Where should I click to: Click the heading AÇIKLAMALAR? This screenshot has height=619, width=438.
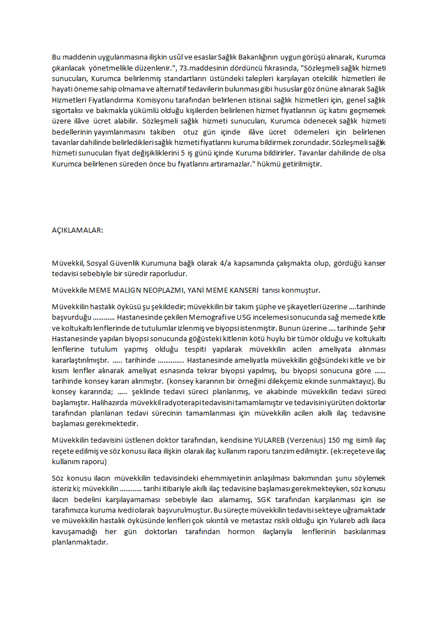(x=77, y=230)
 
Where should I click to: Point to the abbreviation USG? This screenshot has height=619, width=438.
(x=243, y=317)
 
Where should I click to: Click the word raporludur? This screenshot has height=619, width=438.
(x=169, y=274)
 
